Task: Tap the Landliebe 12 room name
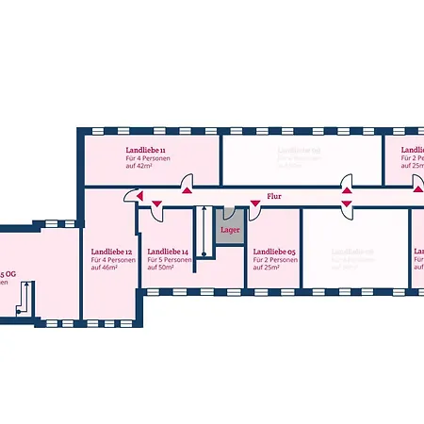[111, 253]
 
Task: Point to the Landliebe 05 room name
[273, 253]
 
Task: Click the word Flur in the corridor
[274, 196]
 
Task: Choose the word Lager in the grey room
[230, 229]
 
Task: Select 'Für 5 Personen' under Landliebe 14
[171, 260]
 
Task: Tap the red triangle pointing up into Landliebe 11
[188, 190]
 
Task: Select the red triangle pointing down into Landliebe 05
[254, 202]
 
